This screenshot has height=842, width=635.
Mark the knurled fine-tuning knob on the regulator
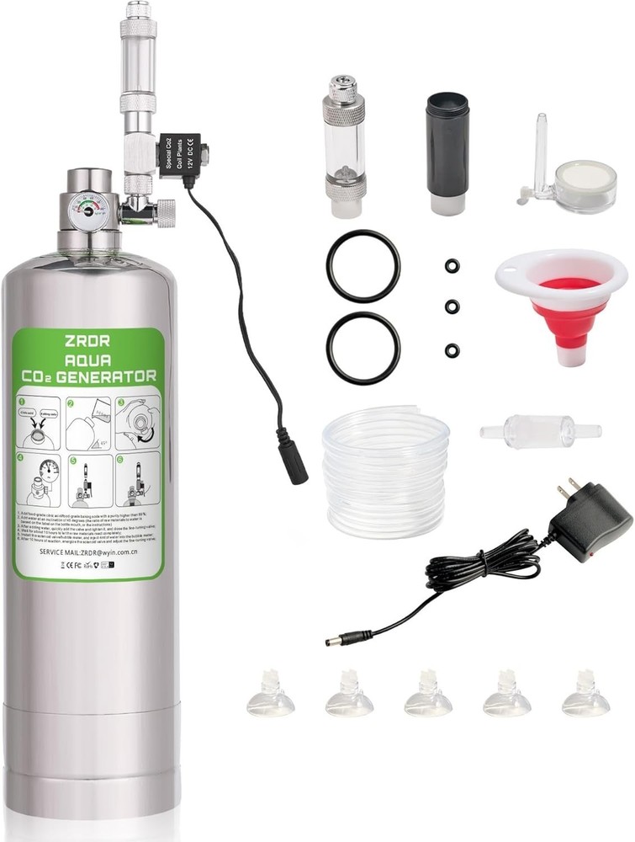click(x=161, y=210)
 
